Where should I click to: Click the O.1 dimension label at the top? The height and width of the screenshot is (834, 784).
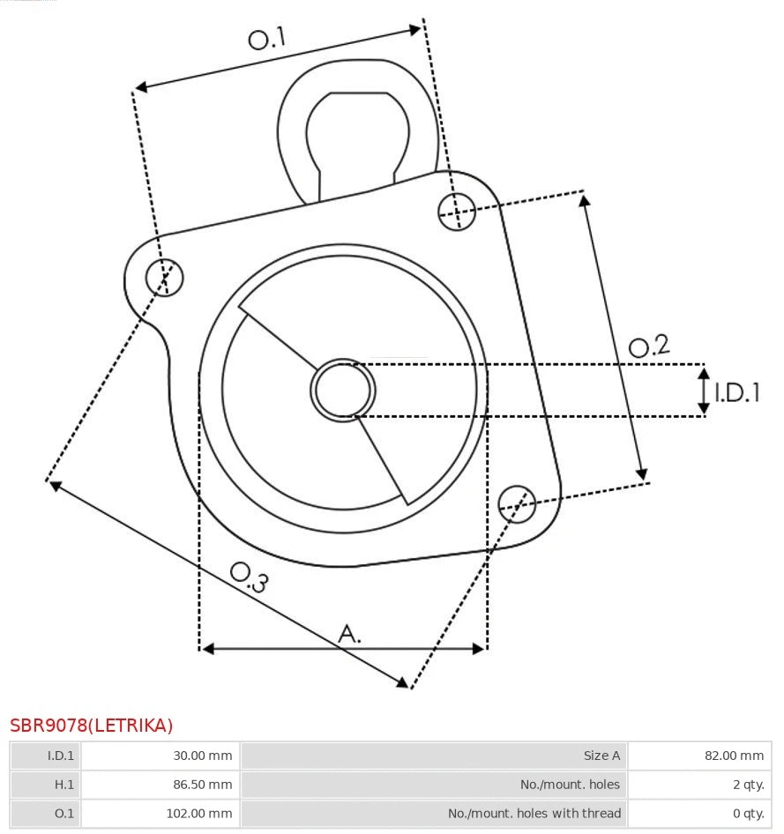point(267,39)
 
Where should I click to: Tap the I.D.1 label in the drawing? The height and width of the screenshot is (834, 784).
point(736,392)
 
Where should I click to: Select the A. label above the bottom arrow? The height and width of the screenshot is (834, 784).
point(350,633)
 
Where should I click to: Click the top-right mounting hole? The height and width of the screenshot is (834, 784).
point(457,211)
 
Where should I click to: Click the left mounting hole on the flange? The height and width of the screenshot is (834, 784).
point(164,278)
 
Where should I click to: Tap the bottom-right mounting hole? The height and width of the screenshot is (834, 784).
point(517,503)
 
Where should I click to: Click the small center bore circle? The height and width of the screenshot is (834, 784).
point(343,390)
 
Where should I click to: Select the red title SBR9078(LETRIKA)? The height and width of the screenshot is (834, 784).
point(92,726)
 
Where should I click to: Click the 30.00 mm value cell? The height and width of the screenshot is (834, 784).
point(160,756)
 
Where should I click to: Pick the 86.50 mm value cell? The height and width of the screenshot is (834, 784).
point(160,785)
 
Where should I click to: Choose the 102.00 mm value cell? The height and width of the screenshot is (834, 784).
point(160,813)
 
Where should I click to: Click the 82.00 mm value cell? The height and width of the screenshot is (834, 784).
point(699,756)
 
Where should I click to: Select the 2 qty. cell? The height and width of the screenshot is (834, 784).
point(699,785)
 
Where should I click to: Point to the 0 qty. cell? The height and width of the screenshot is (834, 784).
point(699,813)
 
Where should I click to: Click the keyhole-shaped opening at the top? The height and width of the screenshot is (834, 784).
point(357,132)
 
